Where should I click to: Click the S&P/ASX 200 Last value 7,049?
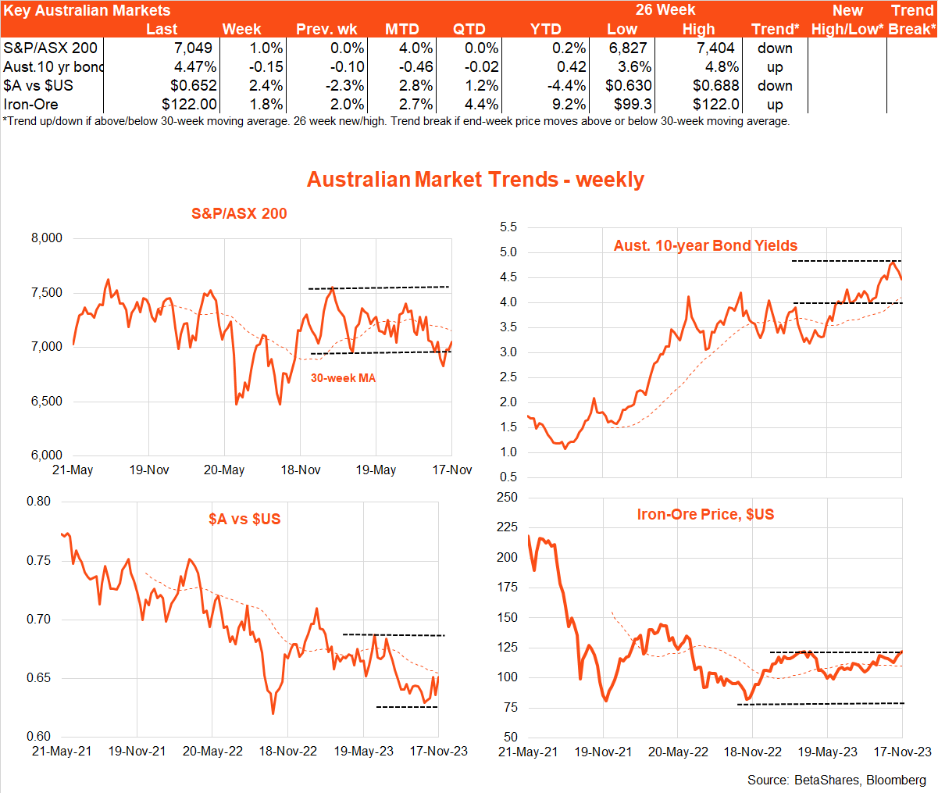(192, 48)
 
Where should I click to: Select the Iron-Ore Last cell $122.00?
(189, 104)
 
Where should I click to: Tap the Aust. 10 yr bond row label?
(53, 66)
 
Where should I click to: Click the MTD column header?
(401, 29)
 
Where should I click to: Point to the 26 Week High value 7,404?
(716, 48)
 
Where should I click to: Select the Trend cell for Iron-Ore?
(775, 104)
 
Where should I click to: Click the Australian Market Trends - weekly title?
(476, 180)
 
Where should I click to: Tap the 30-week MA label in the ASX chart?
(343, 378)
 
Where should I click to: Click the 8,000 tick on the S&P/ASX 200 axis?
(47, 238)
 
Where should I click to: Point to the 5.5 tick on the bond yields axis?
(508, 227)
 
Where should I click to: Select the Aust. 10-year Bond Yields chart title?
(705, 245)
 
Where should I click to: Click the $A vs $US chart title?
(244, 519)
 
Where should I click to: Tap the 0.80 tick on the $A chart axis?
(38, 502)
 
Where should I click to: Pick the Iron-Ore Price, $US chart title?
(705, 514)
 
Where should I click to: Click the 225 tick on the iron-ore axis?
(507, 527)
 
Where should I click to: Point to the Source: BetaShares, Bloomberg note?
(836, 780)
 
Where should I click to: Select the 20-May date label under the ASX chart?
(224, 470)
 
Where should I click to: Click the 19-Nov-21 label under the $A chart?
(137, 751)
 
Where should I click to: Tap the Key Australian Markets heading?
(87, 10)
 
